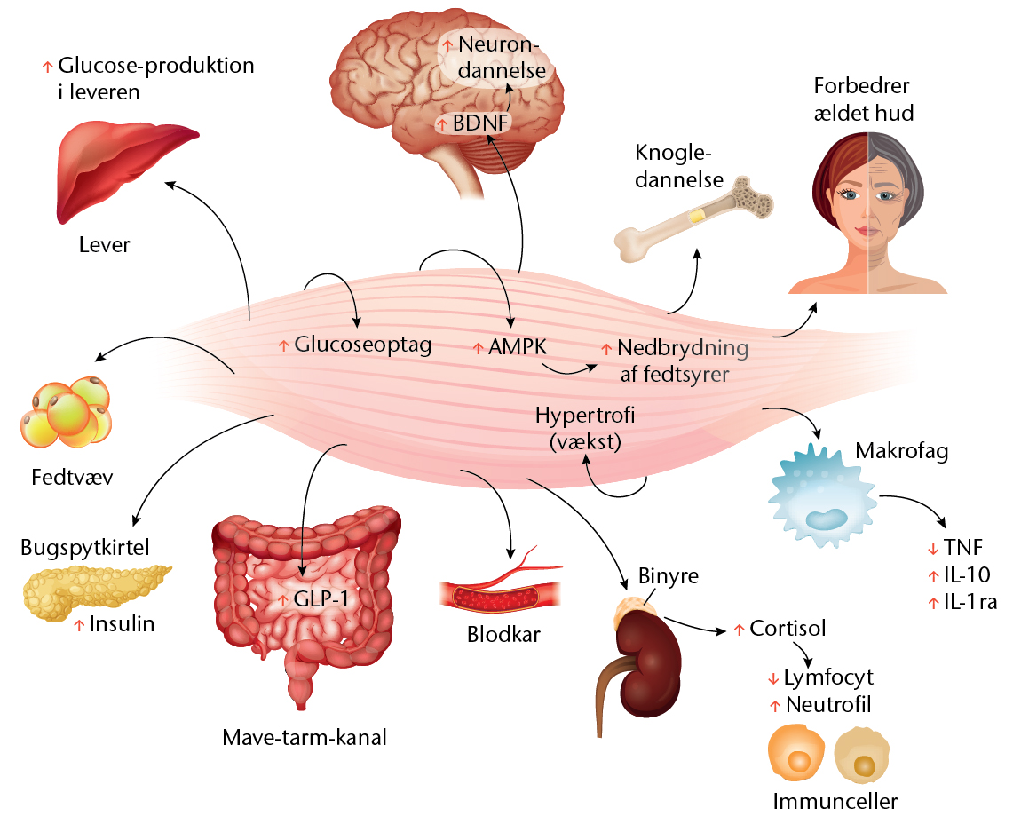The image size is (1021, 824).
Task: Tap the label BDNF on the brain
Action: [x=480, y=123]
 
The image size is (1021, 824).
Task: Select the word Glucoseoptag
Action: [x=363, y=345]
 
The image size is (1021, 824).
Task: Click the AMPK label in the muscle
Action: [x=518, y=346]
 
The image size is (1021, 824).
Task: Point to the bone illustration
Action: [x=693, y=218]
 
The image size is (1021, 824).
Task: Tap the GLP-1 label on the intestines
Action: [x=321, y=598]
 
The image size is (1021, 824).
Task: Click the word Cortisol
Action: [x=788, y=628]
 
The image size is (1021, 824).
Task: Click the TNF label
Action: [x=963, y=548]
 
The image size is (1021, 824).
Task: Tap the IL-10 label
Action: [x=967, y=574]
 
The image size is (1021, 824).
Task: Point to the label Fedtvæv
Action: [x=72, y=477]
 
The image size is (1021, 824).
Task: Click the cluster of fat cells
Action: [x=67, y=412]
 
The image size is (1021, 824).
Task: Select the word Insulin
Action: [x=122, y=624]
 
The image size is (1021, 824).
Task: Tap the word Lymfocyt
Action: [x=827, y=678]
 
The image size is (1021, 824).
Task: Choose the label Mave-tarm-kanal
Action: [x=305, y=737]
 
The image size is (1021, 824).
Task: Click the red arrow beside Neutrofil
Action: [x=774, y=706]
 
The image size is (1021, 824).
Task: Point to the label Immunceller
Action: [x=835, y=801]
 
